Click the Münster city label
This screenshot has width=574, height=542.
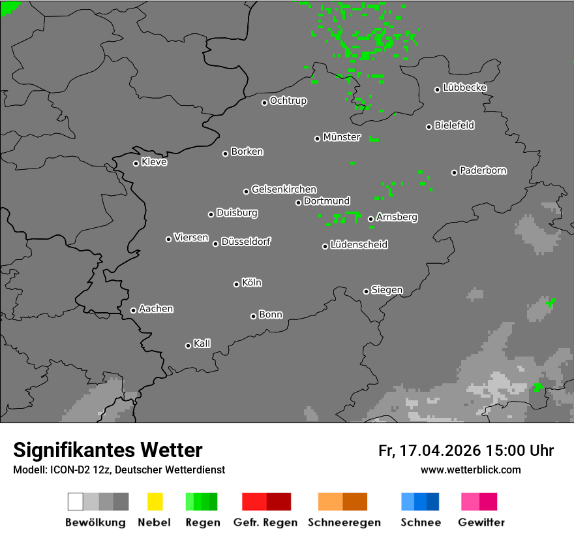(342, 137)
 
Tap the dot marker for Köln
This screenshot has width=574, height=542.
(236, 284)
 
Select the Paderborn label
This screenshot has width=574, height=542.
(483, 170)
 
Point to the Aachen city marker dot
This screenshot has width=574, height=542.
(133, 310)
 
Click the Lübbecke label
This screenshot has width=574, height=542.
(464, 88)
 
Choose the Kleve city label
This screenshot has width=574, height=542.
(154, 162)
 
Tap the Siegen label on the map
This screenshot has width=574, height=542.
(387, 290)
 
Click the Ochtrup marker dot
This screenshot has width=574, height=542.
(264, 103)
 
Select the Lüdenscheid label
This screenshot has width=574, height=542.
(359, 245)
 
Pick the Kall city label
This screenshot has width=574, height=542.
(202, 343)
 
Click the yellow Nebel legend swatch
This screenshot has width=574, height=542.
(155, 502)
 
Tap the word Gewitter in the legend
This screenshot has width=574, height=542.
(481, 522)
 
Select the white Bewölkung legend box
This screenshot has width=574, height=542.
(75, 502)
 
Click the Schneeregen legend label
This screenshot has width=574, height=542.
(343, 522)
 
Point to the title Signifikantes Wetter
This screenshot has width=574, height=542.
(108, 451)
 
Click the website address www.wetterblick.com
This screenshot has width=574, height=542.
(471, 470)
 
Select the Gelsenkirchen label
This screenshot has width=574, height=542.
(284, 189)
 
